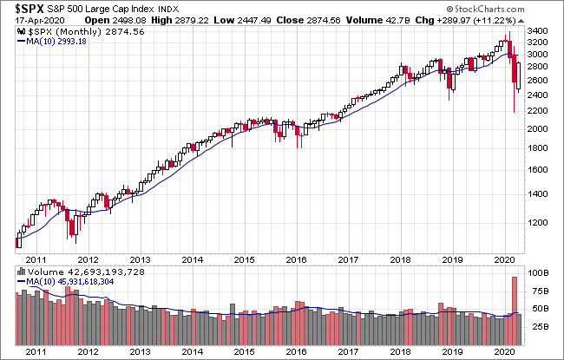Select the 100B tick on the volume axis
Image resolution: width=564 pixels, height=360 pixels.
[x=538, y=272]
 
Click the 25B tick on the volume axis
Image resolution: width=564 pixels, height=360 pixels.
[x=538, y=325]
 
